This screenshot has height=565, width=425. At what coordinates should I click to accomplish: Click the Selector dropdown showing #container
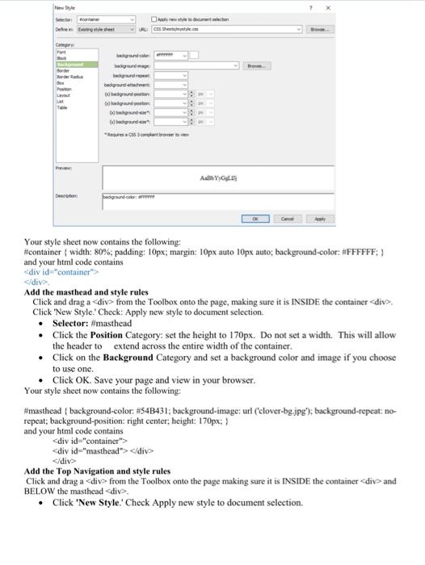(106, 19)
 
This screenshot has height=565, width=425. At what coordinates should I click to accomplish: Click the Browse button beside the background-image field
(259, 65)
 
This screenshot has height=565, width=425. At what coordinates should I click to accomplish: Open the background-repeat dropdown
(170, 74)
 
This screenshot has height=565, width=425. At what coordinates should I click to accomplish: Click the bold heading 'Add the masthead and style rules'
(86, 291)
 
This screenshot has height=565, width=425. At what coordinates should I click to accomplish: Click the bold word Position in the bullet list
(107, 334)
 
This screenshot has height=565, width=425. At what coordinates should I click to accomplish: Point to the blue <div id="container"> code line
(61, 272)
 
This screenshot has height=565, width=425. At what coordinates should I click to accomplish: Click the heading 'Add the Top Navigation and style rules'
(97, 471)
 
